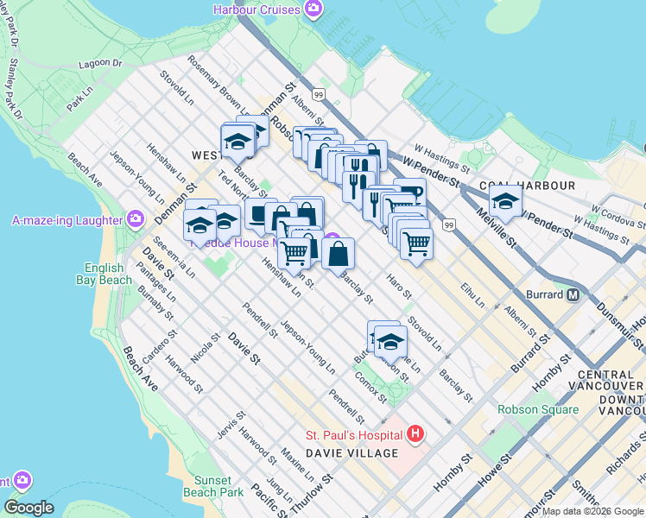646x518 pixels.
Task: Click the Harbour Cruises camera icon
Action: (313, 10)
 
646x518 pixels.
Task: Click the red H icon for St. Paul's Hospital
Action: (415, 433)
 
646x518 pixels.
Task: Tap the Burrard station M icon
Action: (572, 294)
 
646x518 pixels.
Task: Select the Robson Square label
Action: (537, 409)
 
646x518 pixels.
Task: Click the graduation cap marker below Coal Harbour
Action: (506, 203)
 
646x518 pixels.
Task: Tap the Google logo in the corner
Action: (29, 508)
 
